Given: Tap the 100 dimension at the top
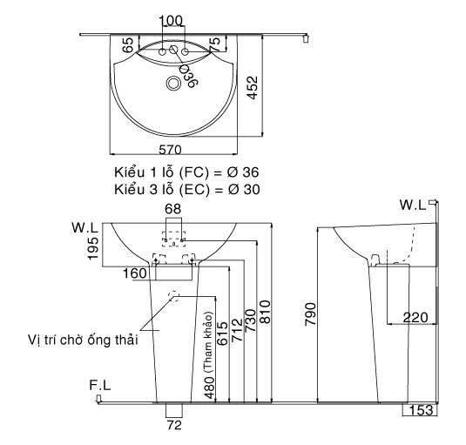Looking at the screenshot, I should [x=173, y=20].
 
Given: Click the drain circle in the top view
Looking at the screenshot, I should [x=174, y=84].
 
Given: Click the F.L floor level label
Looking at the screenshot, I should [x=99, y=385].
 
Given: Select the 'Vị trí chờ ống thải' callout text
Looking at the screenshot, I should [x=84, y=339].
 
